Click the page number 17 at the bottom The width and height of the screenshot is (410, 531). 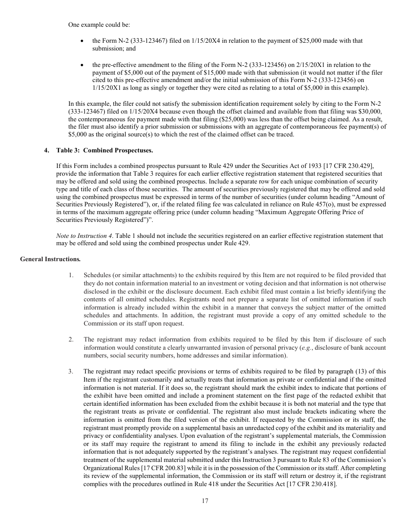[205, 501]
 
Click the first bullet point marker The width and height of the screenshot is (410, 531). [82, 41]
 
